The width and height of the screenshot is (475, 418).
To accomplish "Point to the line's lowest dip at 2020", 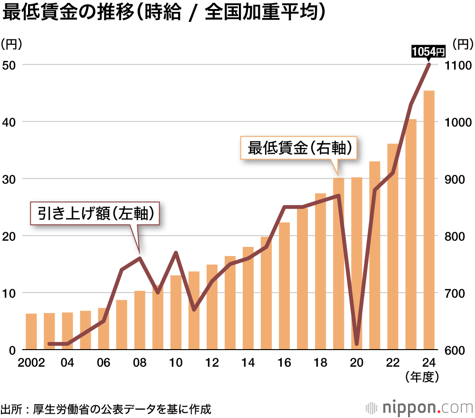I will (357, 343).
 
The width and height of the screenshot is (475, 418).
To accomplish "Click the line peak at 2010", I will (176, 253).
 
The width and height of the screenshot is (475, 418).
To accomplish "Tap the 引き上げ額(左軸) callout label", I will (95, 214).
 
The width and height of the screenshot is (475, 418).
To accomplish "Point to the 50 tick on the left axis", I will (10, 65).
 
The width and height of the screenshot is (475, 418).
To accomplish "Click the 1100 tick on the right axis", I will (459, 65).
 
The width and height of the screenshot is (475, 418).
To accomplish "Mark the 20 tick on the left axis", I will (10, 236).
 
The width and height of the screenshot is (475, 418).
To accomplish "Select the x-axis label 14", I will (248, 363).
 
